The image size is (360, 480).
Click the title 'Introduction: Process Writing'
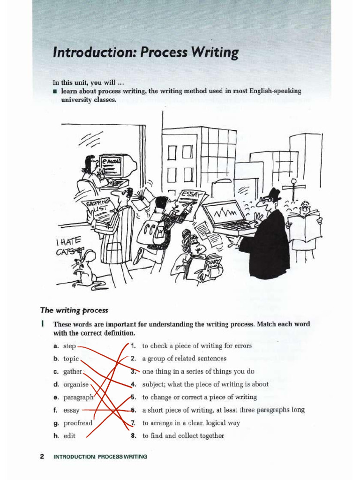point(145,52)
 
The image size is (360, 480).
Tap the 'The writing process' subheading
point(74,310)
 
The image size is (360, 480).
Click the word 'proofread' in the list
point(78,423)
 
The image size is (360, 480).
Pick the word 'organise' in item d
point(76,384)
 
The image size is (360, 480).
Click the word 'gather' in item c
point(73,372)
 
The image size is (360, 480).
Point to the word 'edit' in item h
point(69,435)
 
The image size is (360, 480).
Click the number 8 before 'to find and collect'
point(134,435)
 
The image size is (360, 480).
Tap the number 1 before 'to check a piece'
point(134,346)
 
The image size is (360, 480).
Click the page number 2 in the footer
point(42,457)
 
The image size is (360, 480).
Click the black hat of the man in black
point(274,194)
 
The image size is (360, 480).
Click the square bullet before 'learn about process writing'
point(55,91)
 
